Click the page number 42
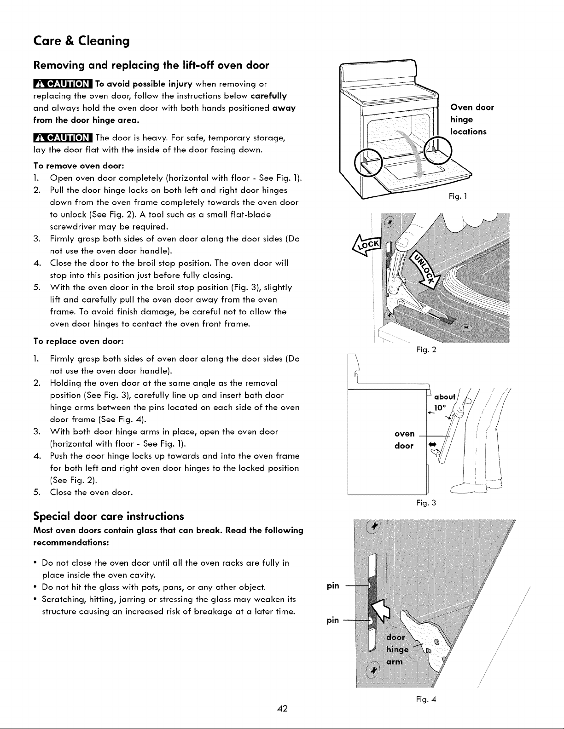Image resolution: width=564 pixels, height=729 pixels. coord(282,708)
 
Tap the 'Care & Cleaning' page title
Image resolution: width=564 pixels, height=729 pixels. coord(81,41)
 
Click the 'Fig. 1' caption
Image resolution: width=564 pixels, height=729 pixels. coord(458,196)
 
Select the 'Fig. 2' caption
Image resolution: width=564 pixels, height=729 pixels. coord(426,350)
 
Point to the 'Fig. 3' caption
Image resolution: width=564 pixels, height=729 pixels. coord(426,503)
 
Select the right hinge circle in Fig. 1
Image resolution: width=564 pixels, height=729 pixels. coord(438,150)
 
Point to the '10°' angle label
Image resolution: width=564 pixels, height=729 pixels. coord(440,408)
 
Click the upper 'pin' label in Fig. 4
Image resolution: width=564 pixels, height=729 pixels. coord(333,586)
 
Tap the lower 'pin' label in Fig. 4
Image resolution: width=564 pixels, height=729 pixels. coord(333,620)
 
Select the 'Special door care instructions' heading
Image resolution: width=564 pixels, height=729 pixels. coord(109,516)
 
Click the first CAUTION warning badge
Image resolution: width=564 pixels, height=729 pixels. coord(63,84)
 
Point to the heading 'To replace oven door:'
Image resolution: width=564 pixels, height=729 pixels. coord(79,341)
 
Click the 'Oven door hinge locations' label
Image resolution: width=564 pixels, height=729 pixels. coord(472,120)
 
